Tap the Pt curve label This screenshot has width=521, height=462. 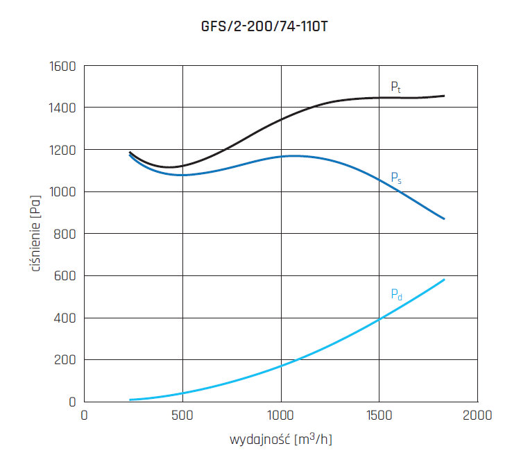pos(395,87)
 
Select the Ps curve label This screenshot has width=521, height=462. pos(396,178)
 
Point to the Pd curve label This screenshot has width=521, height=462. pos(396,294)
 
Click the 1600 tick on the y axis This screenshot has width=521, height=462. pos(61,67)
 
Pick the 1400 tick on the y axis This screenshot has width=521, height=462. pos(61,108)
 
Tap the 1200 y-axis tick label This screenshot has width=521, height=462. pos(61,150)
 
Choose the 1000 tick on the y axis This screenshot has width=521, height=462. pos(61,192)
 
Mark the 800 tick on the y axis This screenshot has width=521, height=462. pos(65,234)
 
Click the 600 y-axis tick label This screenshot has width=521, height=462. pos(65,276)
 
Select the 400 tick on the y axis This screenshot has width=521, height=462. pos(65,318)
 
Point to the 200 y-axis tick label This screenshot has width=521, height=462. pos(65,360)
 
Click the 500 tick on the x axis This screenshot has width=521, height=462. pos(182,416)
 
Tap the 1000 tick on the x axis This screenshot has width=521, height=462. pos(281,416)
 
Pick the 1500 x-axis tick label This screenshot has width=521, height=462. pos(379,416)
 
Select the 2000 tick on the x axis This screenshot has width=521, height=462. pos(478,416)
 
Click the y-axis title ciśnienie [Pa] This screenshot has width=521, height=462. pos(35,234)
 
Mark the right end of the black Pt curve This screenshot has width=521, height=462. pos(444,96)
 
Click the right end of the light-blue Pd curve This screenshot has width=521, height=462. pos(444,280)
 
